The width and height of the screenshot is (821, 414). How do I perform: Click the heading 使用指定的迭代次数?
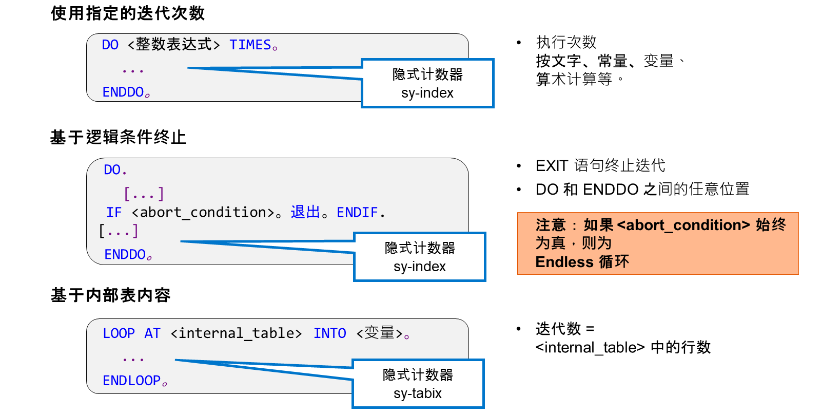[128, 13]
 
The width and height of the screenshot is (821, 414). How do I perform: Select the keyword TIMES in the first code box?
[250, 45]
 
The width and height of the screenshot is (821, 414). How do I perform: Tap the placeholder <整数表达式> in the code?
[174, 45]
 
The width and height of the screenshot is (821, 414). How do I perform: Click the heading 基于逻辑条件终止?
[119, 138]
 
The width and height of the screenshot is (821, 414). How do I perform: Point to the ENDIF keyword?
[357, 212]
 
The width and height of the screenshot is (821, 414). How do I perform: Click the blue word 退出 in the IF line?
[305, 212]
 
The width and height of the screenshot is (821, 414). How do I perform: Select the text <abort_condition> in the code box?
[203, 213]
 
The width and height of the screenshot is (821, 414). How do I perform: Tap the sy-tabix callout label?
[418, 393]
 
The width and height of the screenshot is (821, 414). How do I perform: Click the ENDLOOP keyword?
[131, 381]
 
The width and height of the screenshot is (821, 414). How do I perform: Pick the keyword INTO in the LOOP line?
[330, 333]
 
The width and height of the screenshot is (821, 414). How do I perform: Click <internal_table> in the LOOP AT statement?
[237, 333]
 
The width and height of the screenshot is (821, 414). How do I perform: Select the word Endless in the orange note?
[564, 262]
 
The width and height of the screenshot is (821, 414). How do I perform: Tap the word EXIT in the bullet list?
[552, 166]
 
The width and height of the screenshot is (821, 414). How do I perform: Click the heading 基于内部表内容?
[111, 295]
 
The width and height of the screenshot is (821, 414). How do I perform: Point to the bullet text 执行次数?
[566, 42]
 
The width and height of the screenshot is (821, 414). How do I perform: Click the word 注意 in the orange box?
[551, 224]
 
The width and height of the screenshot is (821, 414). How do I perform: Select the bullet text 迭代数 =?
[565, 329]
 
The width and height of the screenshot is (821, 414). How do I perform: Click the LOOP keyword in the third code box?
[119, 333]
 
